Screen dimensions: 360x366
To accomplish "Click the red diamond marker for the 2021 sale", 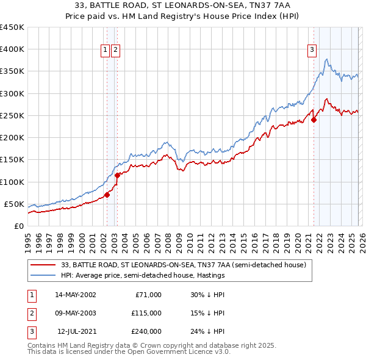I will [x=314, y=120].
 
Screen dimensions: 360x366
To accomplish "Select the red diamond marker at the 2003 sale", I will [x=117, y=175].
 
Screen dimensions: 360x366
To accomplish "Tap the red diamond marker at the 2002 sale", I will [x=107, y=195].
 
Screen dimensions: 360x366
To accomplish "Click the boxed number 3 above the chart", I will [x=312, y=50].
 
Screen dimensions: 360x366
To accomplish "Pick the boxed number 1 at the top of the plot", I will [x=105, y=50].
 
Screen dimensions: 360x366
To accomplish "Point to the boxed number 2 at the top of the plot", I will [x=115, y=50].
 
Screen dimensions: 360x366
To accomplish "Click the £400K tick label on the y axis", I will [x=12, y=49].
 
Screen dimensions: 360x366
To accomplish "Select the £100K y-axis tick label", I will [x=12, y=182].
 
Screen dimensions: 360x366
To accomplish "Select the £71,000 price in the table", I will [x=147, y=295].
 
